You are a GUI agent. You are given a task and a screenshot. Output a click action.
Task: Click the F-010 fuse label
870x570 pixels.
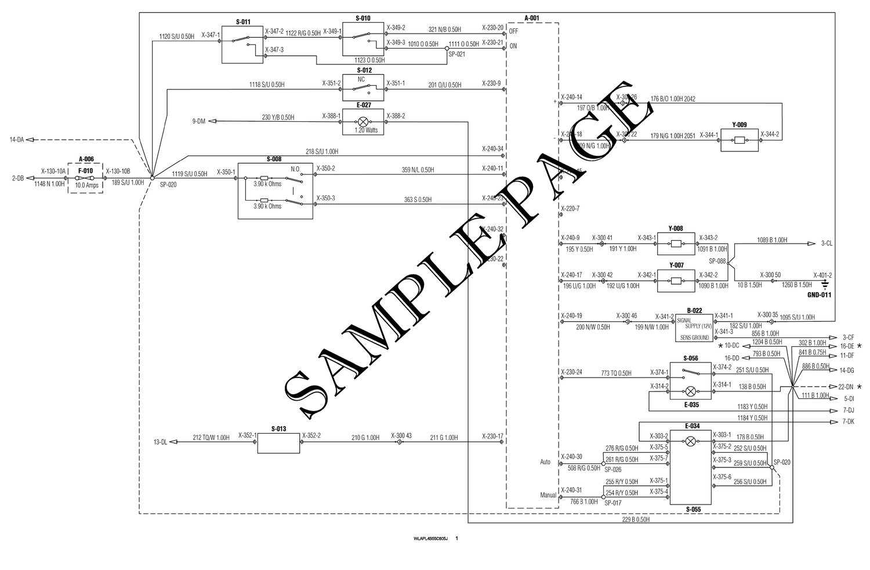(85, 171)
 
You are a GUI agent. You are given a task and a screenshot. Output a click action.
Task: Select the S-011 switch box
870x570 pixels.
(243, 45)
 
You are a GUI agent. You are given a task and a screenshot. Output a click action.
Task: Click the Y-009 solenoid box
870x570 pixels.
(739, 140)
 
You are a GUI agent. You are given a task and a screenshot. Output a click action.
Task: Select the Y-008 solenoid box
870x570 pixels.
(676, 245)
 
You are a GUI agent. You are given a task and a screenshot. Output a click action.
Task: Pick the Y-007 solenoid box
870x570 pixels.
(676, 282)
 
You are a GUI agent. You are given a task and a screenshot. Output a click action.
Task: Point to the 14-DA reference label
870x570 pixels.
(16, 140)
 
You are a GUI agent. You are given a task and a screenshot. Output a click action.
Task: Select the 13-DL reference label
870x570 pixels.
(160, 442)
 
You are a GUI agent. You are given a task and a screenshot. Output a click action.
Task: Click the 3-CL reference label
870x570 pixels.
(826, 244)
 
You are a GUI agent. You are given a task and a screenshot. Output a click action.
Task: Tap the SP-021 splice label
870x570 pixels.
(457, 54)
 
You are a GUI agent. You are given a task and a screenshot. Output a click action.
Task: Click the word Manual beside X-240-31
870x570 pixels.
(548, 495)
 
